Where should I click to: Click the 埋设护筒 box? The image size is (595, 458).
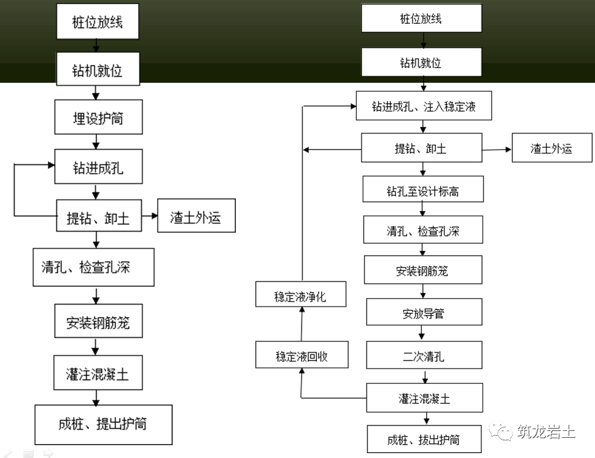[x=98, y=118]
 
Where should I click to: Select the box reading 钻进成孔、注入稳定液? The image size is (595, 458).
[x=424, y=107]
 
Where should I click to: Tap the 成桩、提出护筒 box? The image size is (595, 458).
[x=103, y=424]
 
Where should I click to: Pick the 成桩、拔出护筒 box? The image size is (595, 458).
[x=424, y=439]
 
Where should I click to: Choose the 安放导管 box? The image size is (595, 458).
[x=423, y=313]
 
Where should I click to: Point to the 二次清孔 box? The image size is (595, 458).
[x=424, y=356]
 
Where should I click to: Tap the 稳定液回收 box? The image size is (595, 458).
[x=301, y=356]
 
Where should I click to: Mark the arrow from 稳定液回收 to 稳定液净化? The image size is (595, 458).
[x=301, y=326]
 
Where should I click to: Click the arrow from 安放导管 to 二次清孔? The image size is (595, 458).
[x=423, y=334]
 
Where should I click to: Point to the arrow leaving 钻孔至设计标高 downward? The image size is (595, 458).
[x=423, y=209]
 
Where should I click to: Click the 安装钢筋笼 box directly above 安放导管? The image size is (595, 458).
[x=423, y=270]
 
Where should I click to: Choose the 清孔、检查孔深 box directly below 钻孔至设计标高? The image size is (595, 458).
[x=423, y=232]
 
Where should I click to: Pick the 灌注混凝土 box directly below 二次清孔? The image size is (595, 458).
[x=424, y=399]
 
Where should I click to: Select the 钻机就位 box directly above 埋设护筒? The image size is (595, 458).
[x=98, y=71]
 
